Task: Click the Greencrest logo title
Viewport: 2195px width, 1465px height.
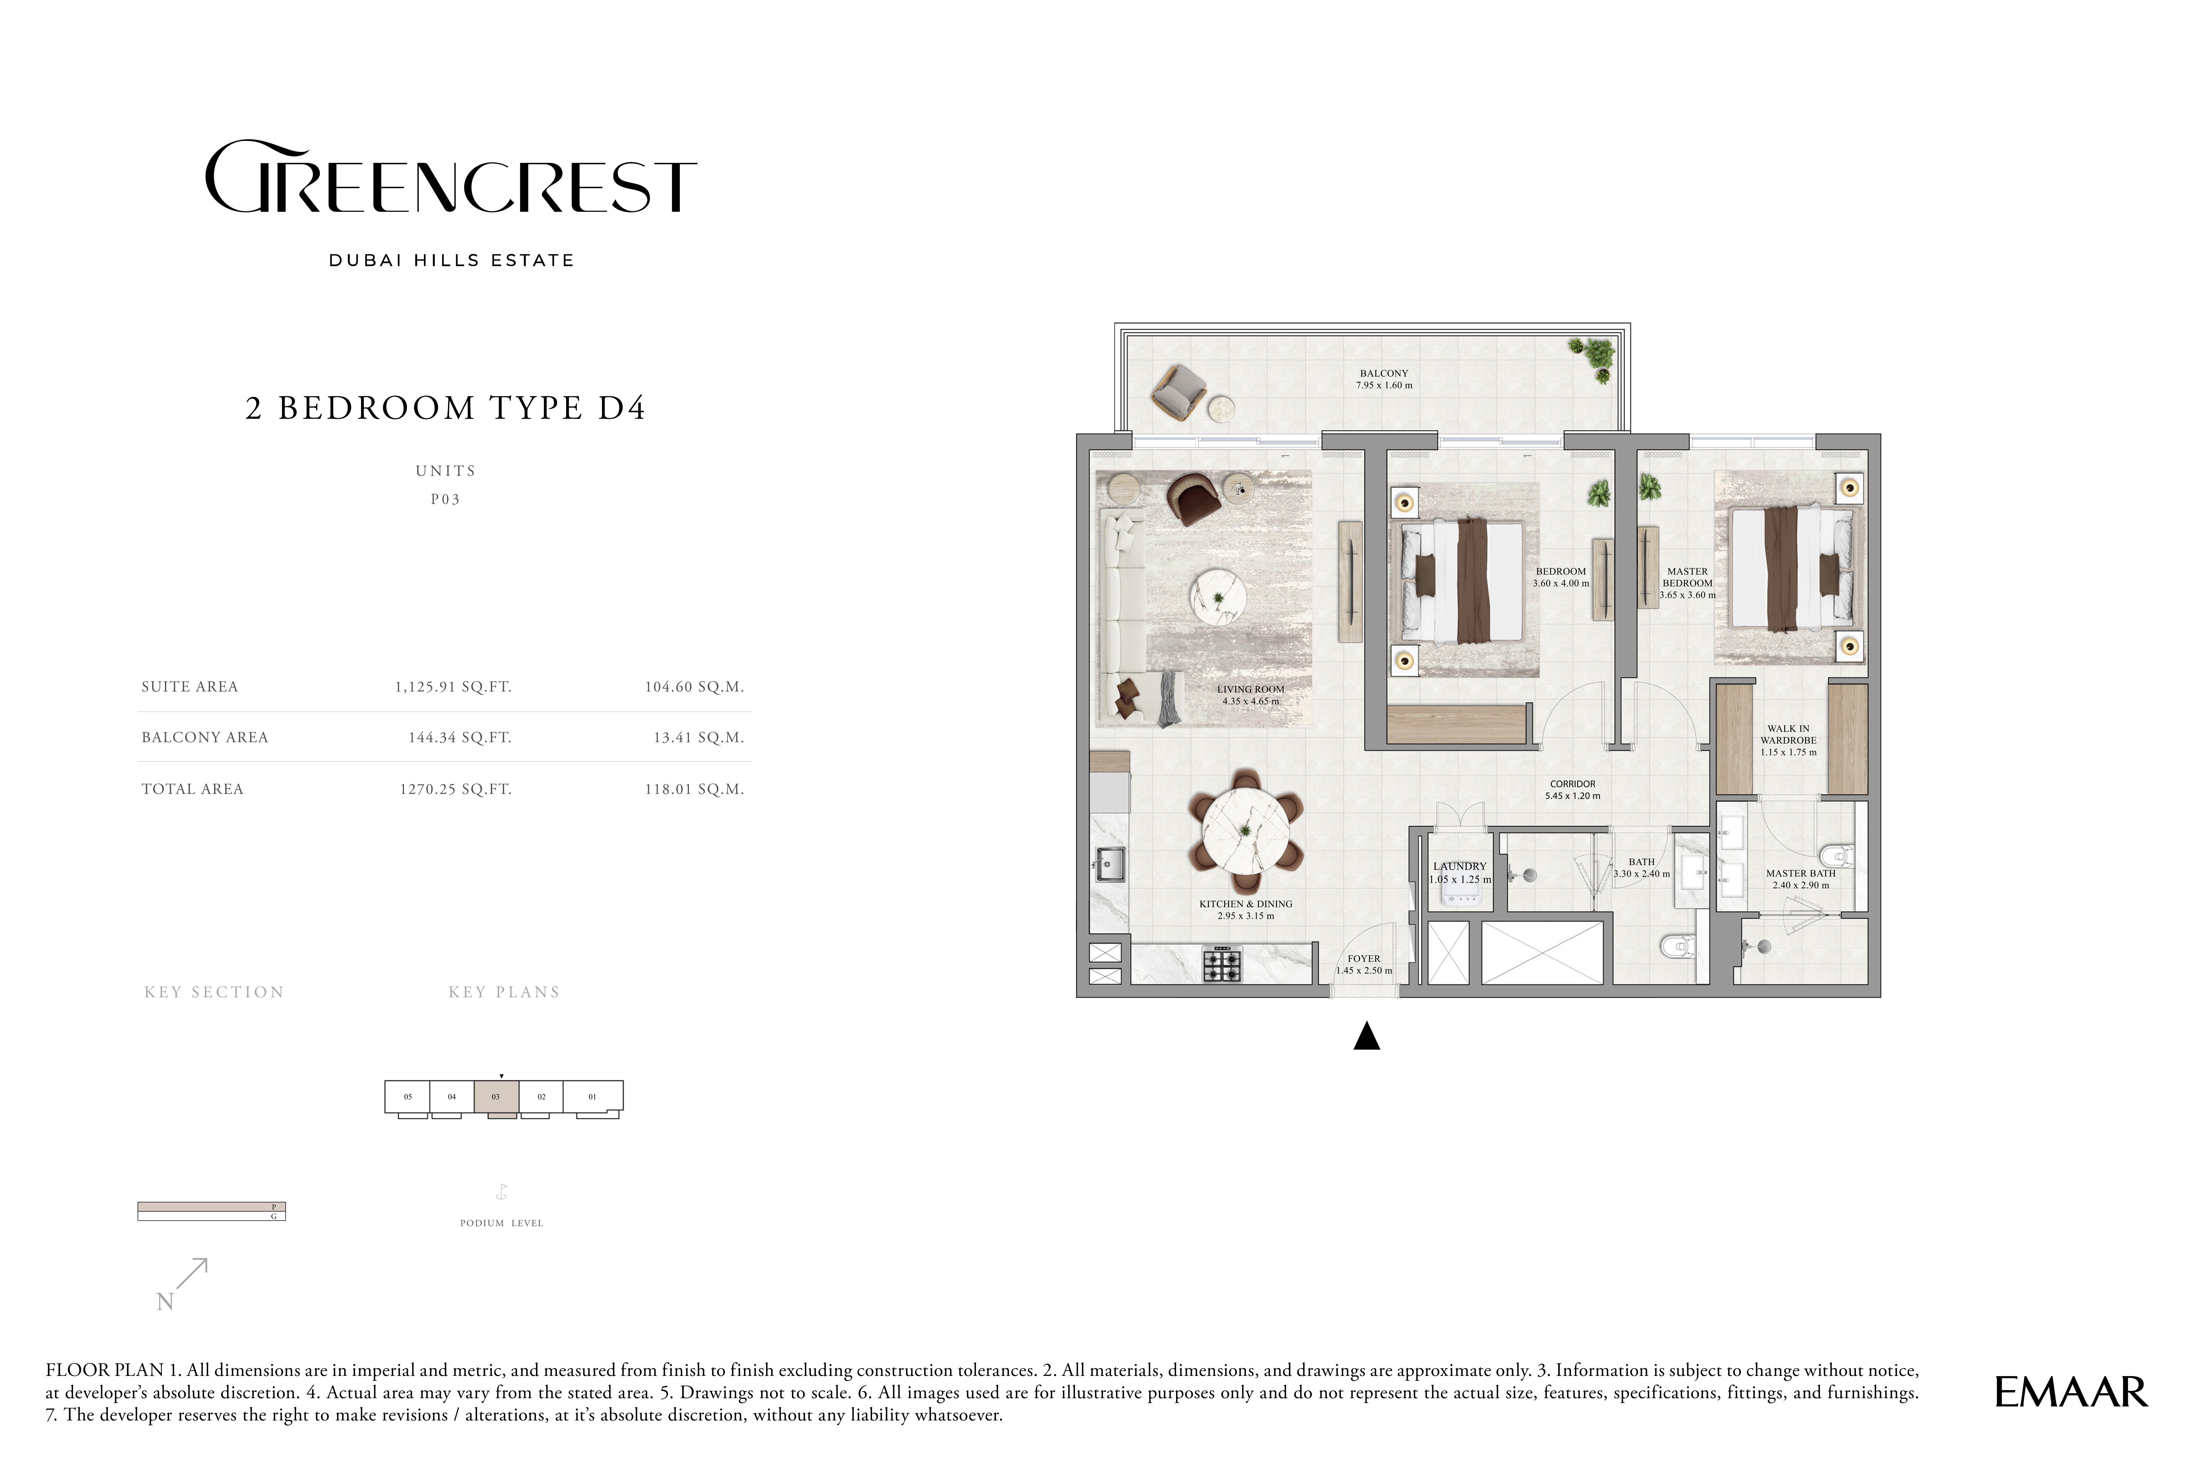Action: tap(450, 177)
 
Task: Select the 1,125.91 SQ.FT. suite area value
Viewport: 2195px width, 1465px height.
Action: tap(453, 687)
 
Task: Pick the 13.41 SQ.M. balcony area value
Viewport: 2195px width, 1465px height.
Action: tap(699, 737)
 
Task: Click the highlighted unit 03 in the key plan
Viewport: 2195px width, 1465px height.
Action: tap(496, 1096)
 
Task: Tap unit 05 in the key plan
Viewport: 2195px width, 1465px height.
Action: tap(407, 1096)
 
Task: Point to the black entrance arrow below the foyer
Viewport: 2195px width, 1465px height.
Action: tap(1366, 1036)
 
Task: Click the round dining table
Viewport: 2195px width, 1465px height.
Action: tap(1246, 831)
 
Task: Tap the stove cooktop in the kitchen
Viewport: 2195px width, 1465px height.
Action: tap(1222, 964)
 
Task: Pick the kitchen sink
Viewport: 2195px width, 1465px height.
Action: tap(1111, 864)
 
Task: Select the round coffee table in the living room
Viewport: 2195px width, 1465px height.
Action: tap(1217, 598)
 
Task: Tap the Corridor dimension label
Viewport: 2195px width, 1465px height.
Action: tap(1573, 790)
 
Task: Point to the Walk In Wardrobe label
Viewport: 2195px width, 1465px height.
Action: tap(1789, 740)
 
